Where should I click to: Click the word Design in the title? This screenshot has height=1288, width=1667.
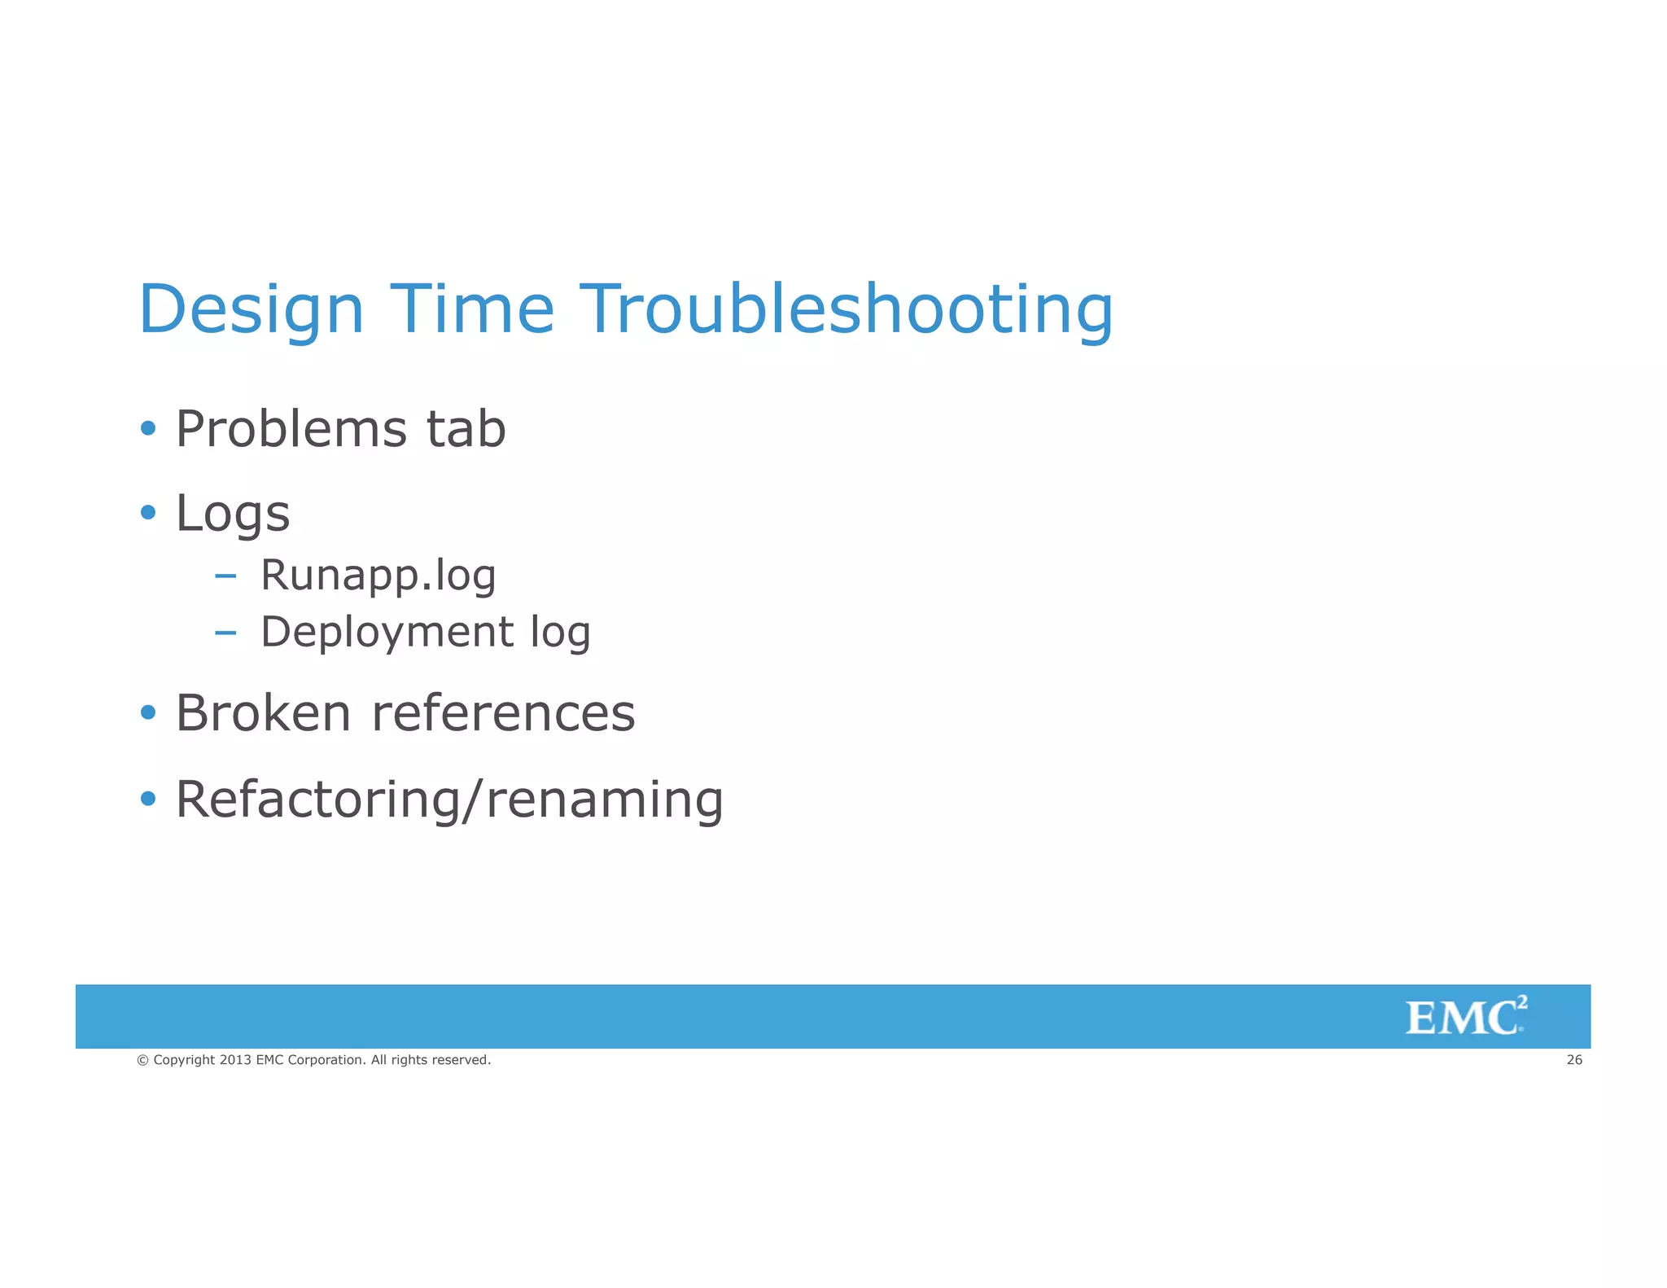click(x=251, y=309)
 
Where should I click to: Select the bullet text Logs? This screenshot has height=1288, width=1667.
click(x=233, y=515)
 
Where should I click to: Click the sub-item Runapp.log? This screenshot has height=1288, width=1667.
click(x=378, y=576)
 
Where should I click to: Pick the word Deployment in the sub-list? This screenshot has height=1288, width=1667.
click(x=387, y=633)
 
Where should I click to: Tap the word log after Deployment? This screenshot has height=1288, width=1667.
click(x=560, y=633)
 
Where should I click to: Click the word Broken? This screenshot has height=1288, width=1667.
click(x=264, y=713)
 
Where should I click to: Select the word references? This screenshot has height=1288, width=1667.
click(x=503, y=713)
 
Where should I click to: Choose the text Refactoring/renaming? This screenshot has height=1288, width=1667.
click(x=449, y=800)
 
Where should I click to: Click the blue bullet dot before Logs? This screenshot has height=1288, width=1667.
click(x=147, y=512)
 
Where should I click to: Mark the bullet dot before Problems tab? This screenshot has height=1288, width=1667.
click(x=147, y=427)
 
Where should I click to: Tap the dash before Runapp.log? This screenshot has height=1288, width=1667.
click(x=225, y=576)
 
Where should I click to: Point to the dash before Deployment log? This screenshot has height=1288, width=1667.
click(x=225, y=633)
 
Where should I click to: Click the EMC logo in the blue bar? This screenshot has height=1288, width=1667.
click(x=1465, y=1017)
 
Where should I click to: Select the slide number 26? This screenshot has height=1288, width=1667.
click(x=1574, y=1060)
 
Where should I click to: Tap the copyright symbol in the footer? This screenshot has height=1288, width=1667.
click(x=142, y=1060)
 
